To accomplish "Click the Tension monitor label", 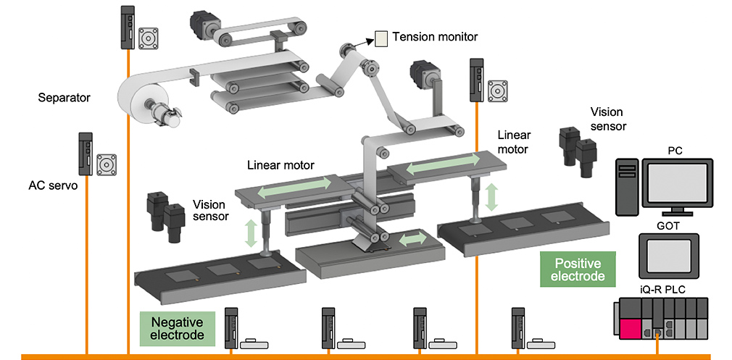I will pyautogui.click(x=435, y=36).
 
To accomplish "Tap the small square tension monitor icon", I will pyautogui.click(x=381, y=38).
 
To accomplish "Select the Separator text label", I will pyautogui.click(x=64, y=97).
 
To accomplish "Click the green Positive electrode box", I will pyautogui.click(x=577, y=269).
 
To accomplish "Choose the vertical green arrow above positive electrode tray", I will pyautogui.click(x=492, y=198).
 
